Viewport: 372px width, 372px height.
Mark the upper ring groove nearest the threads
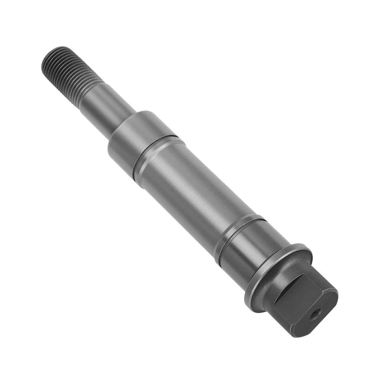(x=156, y=152)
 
